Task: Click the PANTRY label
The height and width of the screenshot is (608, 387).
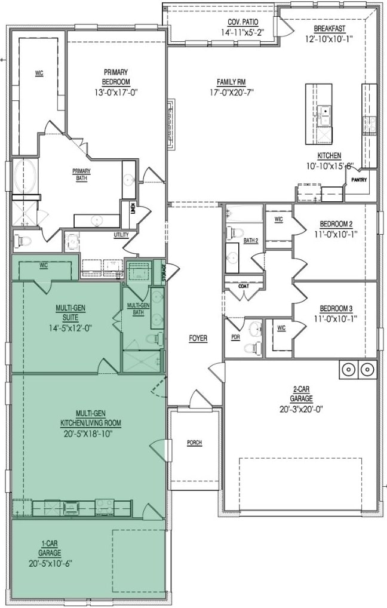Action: (359, 180)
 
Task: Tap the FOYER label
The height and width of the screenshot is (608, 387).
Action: (198, 338)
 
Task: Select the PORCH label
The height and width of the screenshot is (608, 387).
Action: (194, 443)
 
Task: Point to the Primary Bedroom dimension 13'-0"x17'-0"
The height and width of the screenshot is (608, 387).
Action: (116, 93)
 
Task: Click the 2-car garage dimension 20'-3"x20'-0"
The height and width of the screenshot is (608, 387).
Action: (302, 409)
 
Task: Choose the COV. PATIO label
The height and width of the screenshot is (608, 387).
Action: (243, 23)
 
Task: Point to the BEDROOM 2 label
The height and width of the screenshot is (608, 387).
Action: (336, 224)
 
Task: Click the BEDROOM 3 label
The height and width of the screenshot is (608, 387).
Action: (336, 309)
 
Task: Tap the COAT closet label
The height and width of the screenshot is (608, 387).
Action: (244, 286)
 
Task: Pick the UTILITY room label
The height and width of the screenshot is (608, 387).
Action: (121, 235)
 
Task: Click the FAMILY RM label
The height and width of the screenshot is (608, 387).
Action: (232, 82)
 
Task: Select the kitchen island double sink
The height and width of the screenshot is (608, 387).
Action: (324, 115)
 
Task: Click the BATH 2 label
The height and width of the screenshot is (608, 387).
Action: (251, 241)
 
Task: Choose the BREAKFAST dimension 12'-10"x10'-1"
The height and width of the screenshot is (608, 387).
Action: (330, 38)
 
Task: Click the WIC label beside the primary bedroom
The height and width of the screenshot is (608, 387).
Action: (39, 73)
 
